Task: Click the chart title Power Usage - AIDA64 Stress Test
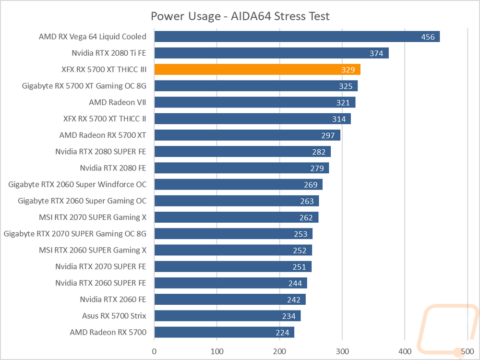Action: point(240,16)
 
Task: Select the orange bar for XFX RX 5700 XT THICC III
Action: point(257,70)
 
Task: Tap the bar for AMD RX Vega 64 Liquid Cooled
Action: point(297,36)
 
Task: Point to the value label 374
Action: point(376,53)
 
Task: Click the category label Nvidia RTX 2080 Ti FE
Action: point(108,53)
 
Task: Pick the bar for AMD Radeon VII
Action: point(255,102)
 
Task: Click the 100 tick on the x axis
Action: point(217,351)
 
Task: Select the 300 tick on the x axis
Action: point(342,351)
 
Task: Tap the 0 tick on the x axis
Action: point(154,351)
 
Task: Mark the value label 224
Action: point(282,333)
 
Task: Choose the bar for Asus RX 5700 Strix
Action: point(228,316)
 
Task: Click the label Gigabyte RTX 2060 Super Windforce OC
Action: point(77,185)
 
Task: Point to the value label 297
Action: point(328,136)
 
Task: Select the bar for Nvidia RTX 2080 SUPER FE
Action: point(242,152)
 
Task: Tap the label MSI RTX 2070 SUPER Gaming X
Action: point(93,217)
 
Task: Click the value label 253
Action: point(300,234)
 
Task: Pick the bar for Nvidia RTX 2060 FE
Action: point(230,300)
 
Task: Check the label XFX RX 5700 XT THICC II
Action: point(105,119)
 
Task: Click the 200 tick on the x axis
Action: point(279,351)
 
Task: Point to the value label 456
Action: point(428,37)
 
